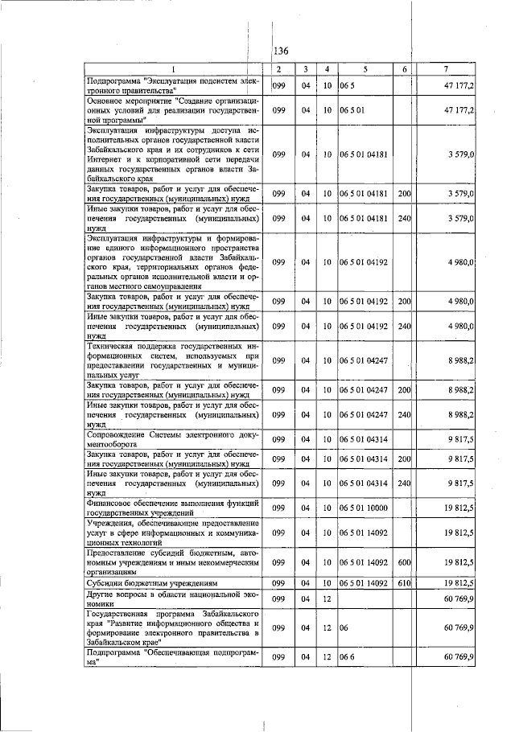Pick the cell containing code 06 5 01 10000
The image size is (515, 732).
(364, 508)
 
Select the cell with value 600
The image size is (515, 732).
(404, 562)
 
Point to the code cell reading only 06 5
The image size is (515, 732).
(347, 85)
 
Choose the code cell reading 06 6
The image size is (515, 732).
(347, 657)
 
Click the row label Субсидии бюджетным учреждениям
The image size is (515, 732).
(142, 582)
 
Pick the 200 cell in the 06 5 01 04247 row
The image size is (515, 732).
(404, 390)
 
